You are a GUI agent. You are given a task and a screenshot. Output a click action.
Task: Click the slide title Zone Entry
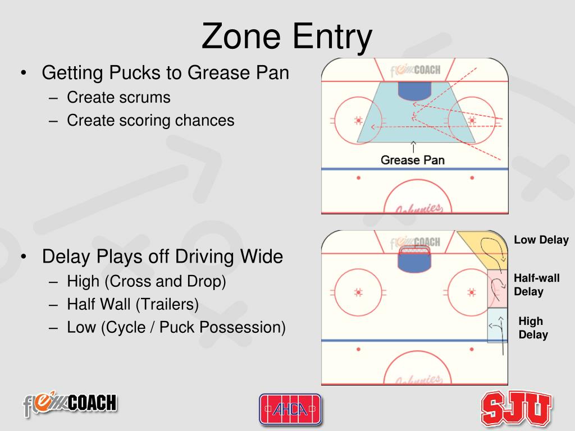[x=287, y=36]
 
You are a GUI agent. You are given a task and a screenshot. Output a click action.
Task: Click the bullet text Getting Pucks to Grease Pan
[x=166, y=72]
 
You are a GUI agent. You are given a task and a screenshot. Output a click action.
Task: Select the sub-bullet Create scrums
[x=118, y=97]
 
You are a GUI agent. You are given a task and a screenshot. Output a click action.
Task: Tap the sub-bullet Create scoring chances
[x=150, y=120]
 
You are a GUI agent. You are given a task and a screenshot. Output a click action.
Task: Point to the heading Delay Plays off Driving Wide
[x=163, y=257]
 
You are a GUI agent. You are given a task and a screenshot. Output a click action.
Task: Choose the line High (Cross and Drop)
[x=147, y=281]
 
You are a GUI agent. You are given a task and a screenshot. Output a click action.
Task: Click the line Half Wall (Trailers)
[x=133, y=304]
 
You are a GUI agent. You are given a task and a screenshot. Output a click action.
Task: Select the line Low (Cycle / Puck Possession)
[x=176, y=327]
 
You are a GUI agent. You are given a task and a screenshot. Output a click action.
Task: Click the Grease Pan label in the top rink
[x=412, y=160]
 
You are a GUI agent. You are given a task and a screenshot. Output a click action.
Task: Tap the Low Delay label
[x=541, y=240]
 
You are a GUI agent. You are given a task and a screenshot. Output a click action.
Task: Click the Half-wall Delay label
[x=536, y=285]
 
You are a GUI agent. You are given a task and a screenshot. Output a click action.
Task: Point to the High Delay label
[x=532, y=328]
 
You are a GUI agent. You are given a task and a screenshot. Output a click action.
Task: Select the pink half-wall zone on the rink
[x=497, y=287]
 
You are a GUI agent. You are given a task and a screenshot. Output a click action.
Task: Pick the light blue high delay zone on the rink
[x=496, y=325]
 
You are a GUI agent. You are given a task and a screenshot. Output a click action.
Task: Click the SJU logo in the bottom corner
[x=516, y=408]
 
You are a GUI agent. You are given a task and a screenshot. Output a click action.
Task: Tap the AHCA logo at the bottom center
[x=290, y=409]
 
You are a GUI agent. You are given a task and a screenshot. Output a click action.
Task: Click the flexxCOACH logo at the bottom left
[x=70, y=404]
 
